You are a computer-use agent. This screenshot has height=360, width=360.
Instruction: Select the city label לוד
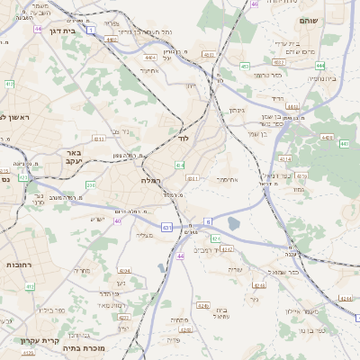click(x=184, y=139)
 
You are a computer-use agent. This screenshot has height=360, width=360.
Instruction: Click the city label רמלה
click(x=150, y=181)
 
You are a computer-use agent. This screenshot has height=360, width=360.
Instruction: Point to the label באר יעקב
click(x=74, y=158)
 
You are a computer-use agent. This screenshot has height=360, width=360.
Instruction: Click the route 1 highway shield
click(x=92, y=30)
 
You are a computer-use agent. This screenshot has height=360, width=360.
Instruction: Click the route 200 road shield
click(x=91, y=184)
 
